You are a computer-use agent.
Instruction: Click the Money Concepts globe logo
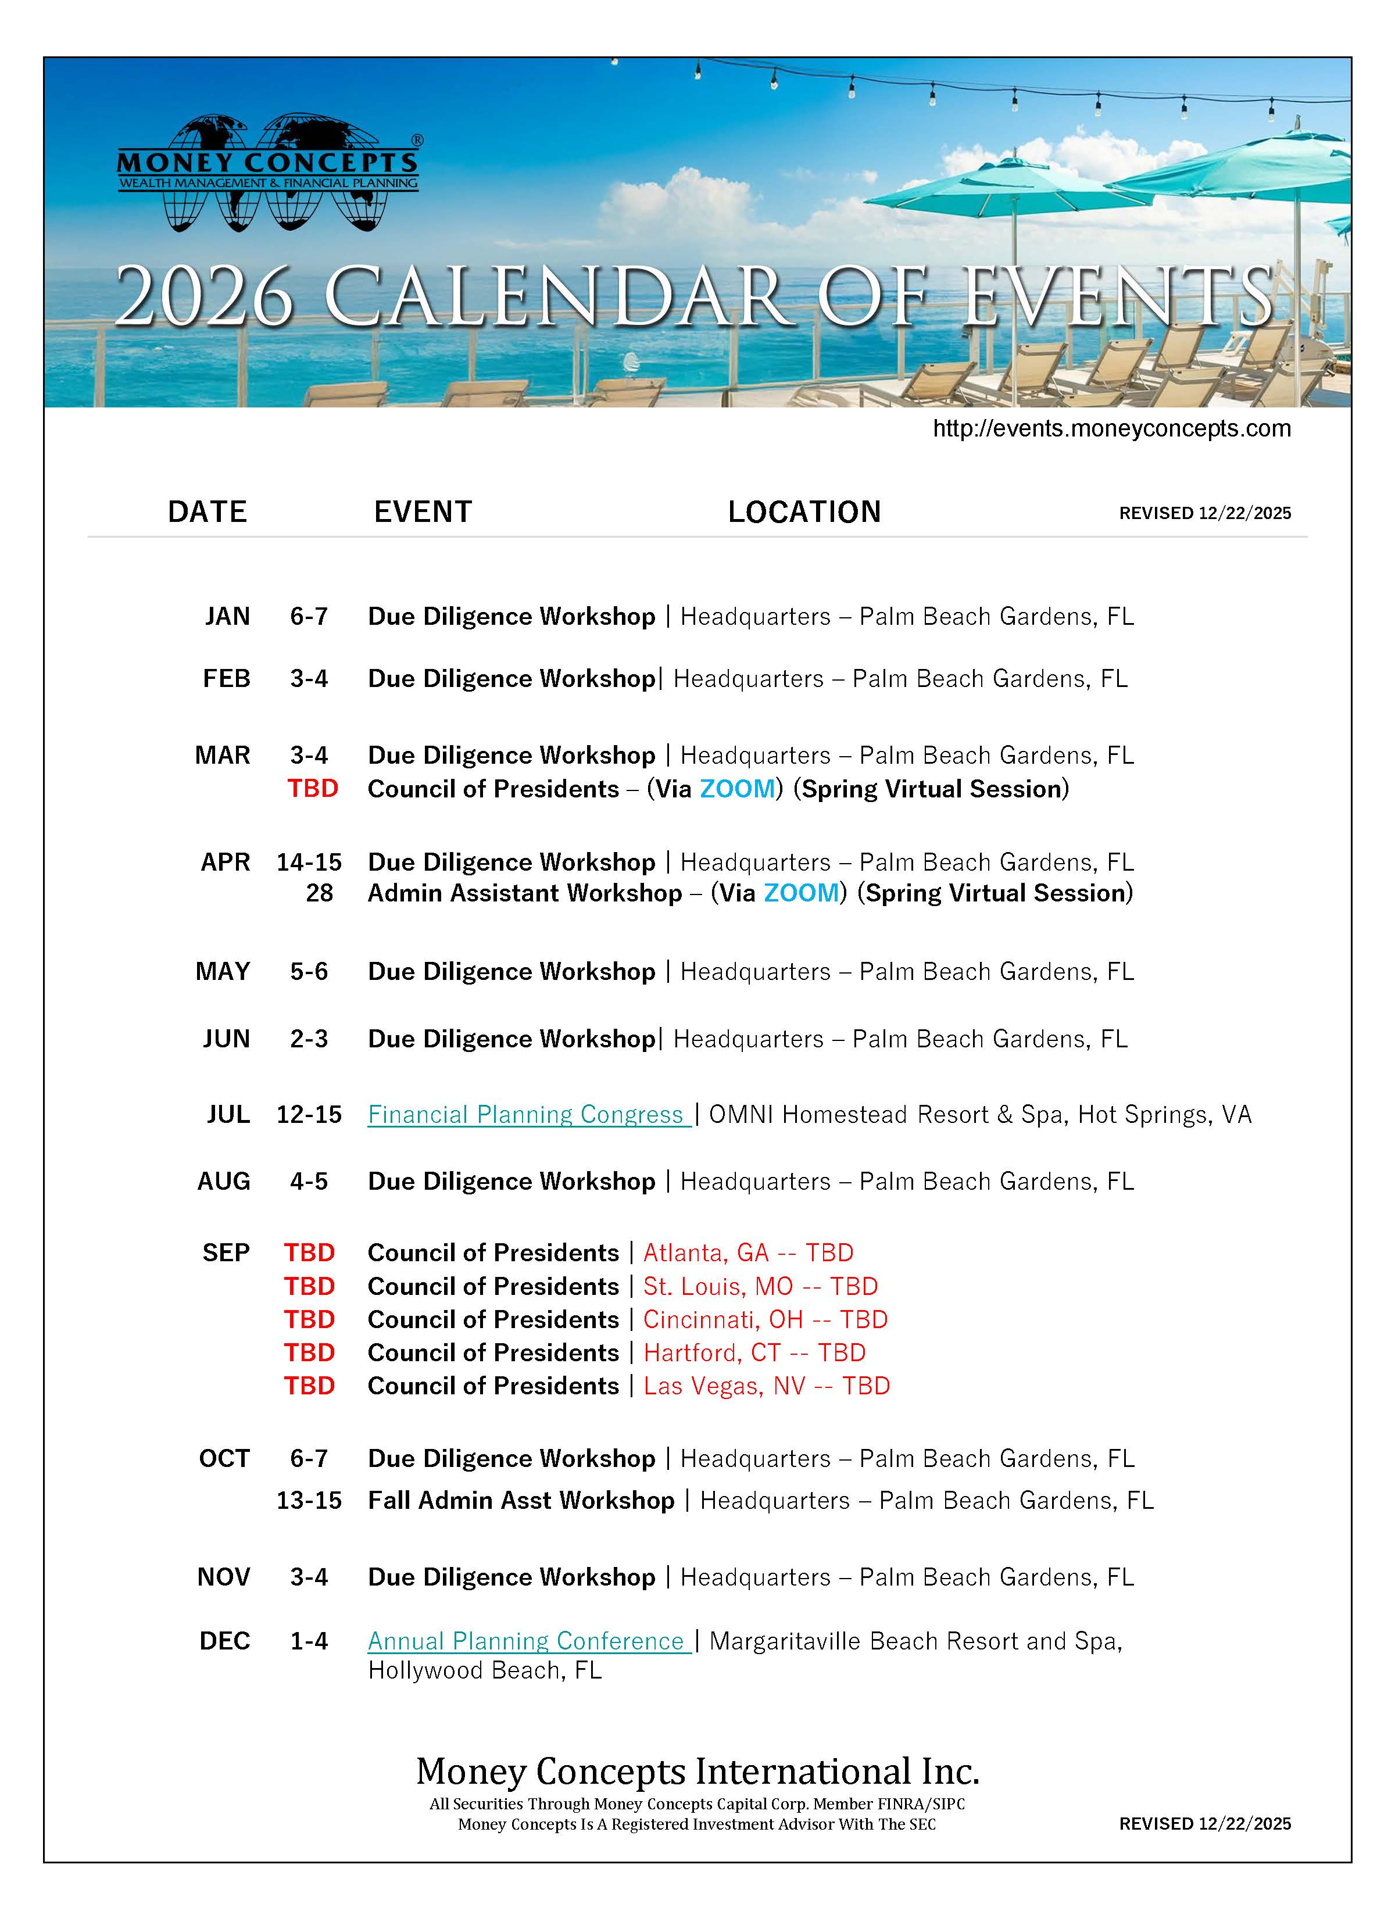pos(267,173)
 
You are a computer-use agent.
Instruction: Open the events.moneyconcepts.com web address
pos(1111,429)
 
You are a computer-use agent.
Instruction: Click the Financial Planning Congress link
pos(525,1115)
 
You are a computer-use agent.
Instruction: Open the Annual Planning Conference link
pos(526,1641)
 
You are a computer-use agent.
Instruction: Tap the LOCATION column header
pos(804,511)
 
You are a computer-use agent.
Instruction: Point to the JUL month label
pos(228,1115)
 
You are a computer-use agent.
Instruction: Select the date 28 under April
pos(319,893)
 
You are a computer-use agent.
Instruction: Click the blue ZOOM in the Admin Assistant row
pos(800,893)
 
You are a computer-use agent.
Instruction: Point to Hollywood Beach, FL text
pos(484,1670)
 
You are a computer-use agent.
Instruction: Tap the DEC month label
pos(224,1641)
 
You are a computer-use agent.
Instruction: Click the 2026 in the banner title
pos(204,298)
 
